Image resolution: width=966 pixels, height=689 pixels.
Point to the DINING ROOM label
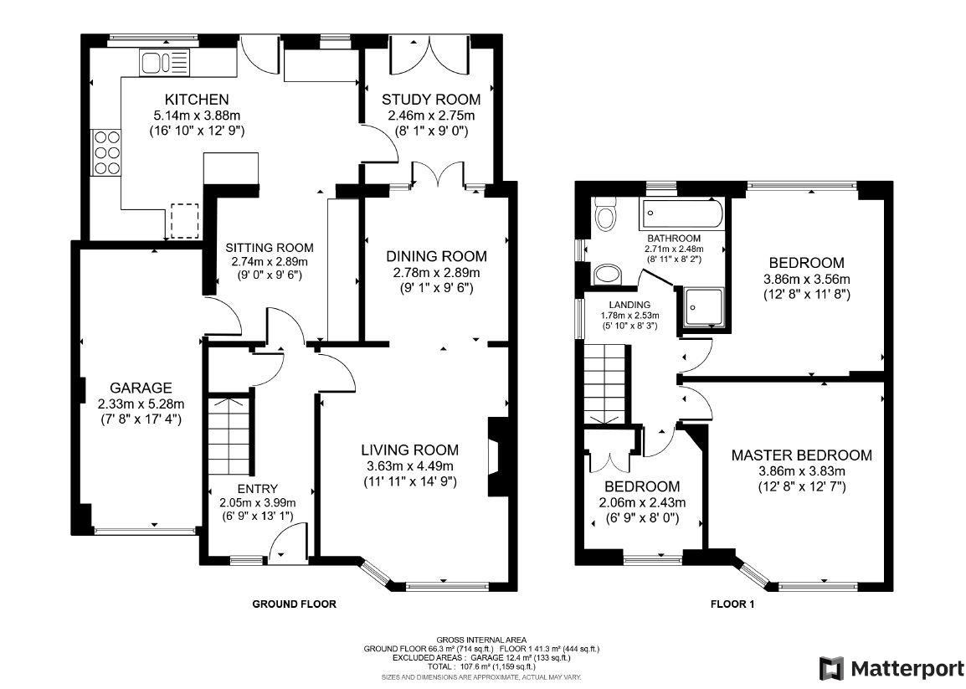tap(435, 256)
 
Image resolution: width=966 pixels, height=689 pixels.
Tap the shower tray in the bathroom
tap(701, 306)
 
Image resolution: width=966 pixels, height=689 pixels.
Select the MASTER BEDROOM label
tap(801, 455)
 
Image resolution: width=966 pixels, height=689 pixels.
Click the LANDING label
tap(628, 306)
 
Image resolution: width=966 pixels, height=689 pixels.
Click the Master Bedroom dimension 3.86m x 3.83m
tap(801, 471)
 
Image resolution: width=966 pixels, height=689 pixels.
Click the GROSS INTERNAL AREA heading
tap(481, 640)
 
